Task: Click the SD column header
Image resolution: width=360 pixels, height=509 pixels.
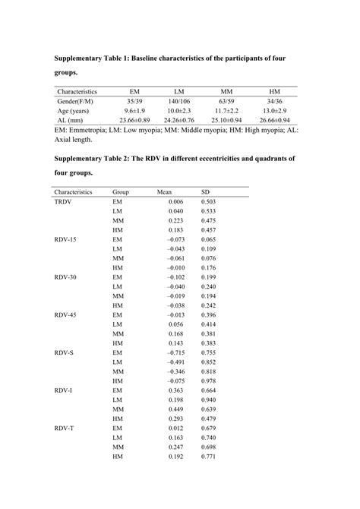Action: (x=204, y=192)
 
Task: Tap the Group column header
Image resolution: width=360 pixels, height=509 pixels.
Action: (x=121, y=192)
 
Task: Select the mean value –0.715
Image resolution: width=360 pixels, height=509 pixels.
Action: (x=165, y=353)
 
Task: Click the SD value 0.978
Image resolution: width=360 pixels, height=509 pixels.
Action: (x=207, y=381)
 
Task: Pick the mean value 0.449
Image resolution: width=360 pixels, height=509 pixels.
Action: (x=165, y=409)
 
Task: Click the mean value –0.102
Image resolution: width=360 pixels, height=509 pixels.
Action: (x=165, y=277)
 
